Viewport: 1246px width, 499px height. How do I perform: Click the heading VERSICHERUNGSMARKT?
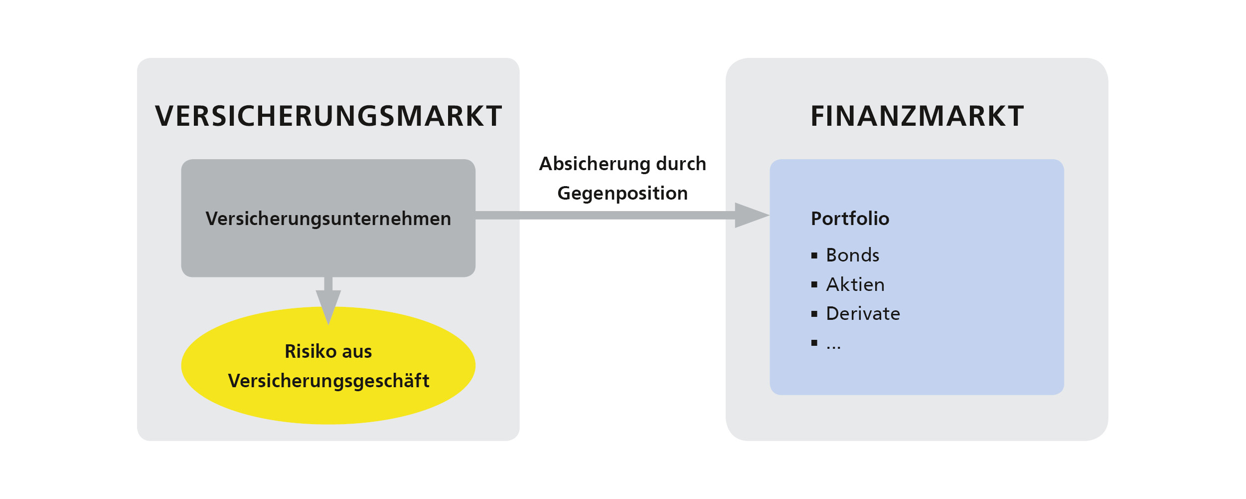point(328,116)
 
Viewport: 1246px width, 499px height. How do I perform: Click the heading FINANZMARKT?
point(917,116)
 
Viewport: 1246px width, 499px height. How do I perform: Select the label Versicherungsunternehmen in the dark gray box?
point(328,219)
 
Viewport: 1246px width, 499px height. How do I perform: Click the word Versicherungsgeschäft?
point(328,381)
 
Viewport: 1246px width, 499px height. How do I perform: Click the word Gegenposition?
point(623,194)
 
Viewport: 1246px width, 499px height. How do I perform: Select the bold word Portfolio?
point(850,219)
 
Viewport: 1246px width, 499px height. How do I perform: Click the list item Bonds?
point(852,255)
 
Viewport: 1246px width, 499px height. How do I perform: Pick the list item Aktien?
point(855,285)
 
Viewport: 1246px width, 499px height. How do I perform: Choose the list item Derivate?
point(863,314)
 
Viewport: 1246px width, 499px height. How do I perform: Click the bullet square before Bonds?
point(814,256)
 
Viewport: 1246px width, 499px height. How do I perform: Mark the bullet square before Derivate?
point(814,314)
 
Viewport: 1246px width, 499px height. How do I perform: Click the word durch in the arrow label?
point(681,164)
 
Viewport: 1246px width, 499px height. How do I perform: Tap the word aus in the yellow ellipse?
point(357,352)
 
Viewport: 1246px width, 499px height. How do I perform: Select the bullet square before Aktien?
point(814,285)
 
